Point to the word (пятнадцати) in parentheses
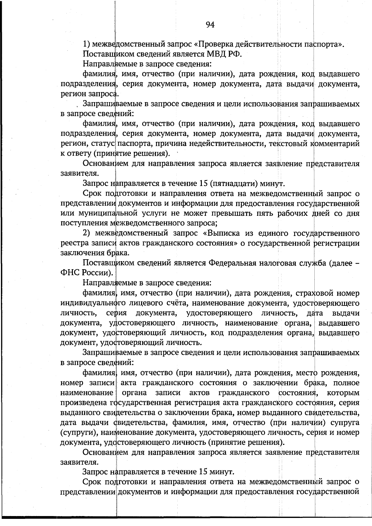233,183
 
